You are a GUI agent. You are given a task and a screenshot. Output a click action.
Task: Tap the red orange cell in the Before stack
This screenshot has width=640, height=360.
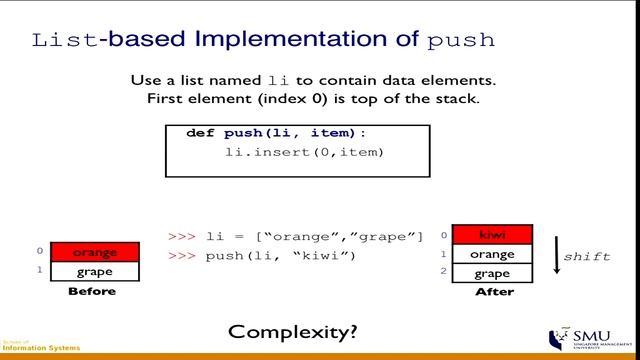coord(95,253)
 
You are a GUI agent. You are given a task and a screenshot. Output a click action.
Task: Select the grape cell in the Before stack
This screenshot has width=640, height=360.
coord(95,271)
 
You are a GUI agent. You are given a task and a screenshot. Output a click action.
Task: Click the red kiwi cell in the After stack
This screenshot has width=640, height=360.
coord(493,235)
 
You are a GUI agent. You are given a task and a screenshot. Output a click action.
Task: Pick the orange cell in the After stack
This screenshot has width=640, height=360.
coord(493,254)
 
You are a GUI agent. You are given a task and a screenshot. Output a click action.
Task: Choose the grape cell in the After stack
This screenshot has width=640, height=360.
coord(493,273)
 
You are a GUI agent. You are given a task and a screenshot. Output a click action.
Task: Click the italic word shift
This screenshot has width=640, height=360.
coord(587,256)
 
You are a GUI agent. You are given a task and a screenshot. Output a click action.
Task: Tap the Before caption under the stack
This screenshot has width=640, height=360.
coord(92,292)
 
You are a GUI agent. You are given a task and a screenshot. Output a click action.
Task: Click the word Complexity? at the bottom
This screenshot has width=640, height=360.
coord(292,331)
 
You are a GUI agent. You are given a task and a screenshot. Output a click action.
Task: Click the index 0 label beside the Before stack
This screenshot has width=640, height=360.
coord(39,252)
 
